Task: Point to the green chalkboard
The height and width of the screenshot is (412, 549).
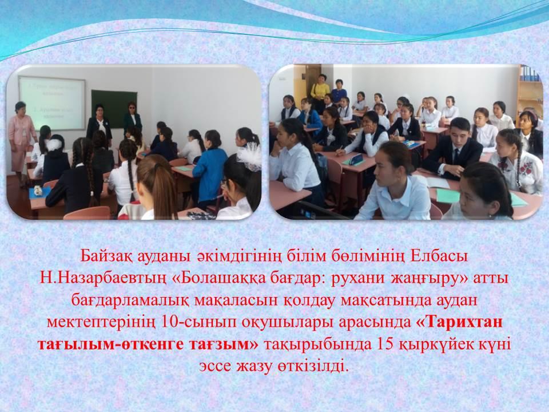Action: [113, 108]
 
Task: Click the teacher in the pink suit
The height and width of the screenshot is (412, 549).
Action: [22, 140]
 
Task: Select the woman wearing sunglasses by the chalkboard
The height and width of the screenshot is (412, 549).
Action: [132, 117]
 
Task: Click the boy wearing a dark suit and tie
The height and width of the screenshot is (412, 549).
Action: [452, 148]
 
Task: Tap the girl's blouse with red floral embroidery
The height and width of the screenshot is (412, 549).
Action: [518, 171]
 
